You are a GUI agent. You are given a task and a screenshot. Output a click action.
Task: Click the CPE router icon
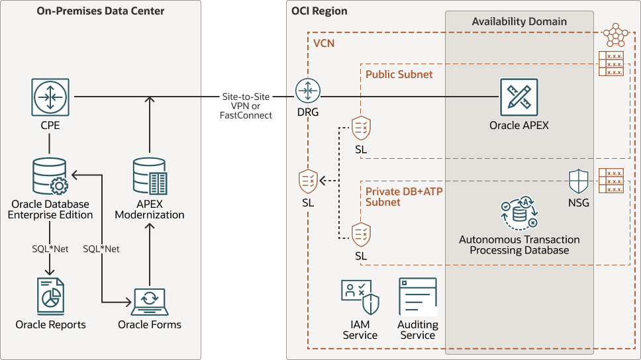[50, 97]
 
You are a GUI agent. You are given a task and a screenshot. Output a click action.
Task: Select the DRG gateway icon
[308, 91]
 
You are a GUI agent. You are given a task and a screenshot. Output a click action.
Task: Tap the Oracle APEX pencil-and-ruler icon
[519, 97]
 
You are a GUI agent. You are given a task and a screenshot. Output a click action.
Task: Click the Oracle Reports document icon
[50, 296]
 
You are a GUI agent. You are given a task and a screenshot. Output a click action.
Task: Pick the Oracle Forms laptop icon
[150, 302]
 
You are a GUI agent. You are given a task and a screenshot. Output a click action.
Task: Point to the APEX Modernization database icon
[150, 175]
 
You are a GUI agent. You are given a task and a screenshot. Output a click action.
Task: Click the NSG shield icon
[579, 181]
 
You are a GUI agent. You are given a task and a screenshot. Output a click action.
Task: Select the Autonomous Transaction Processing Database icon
[519, 214]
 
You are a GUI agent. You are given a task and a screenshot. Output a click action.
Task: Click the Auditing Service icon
[417, 296]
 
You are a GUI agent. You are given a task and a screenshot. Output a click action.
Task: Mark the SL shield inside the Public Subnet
[361, 128]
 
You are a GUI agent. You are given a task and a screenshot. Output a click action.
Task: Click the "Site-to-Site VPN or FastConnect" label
[247, 106]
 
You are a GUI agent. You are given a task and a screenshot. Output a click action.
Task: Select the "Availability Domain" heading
[519, 21]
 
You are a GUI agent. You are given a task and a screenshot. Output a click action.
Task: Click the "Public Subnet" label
[399, 74]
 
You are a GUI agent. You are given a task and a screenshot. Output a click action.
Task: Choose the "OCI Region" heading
[319, 11]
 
